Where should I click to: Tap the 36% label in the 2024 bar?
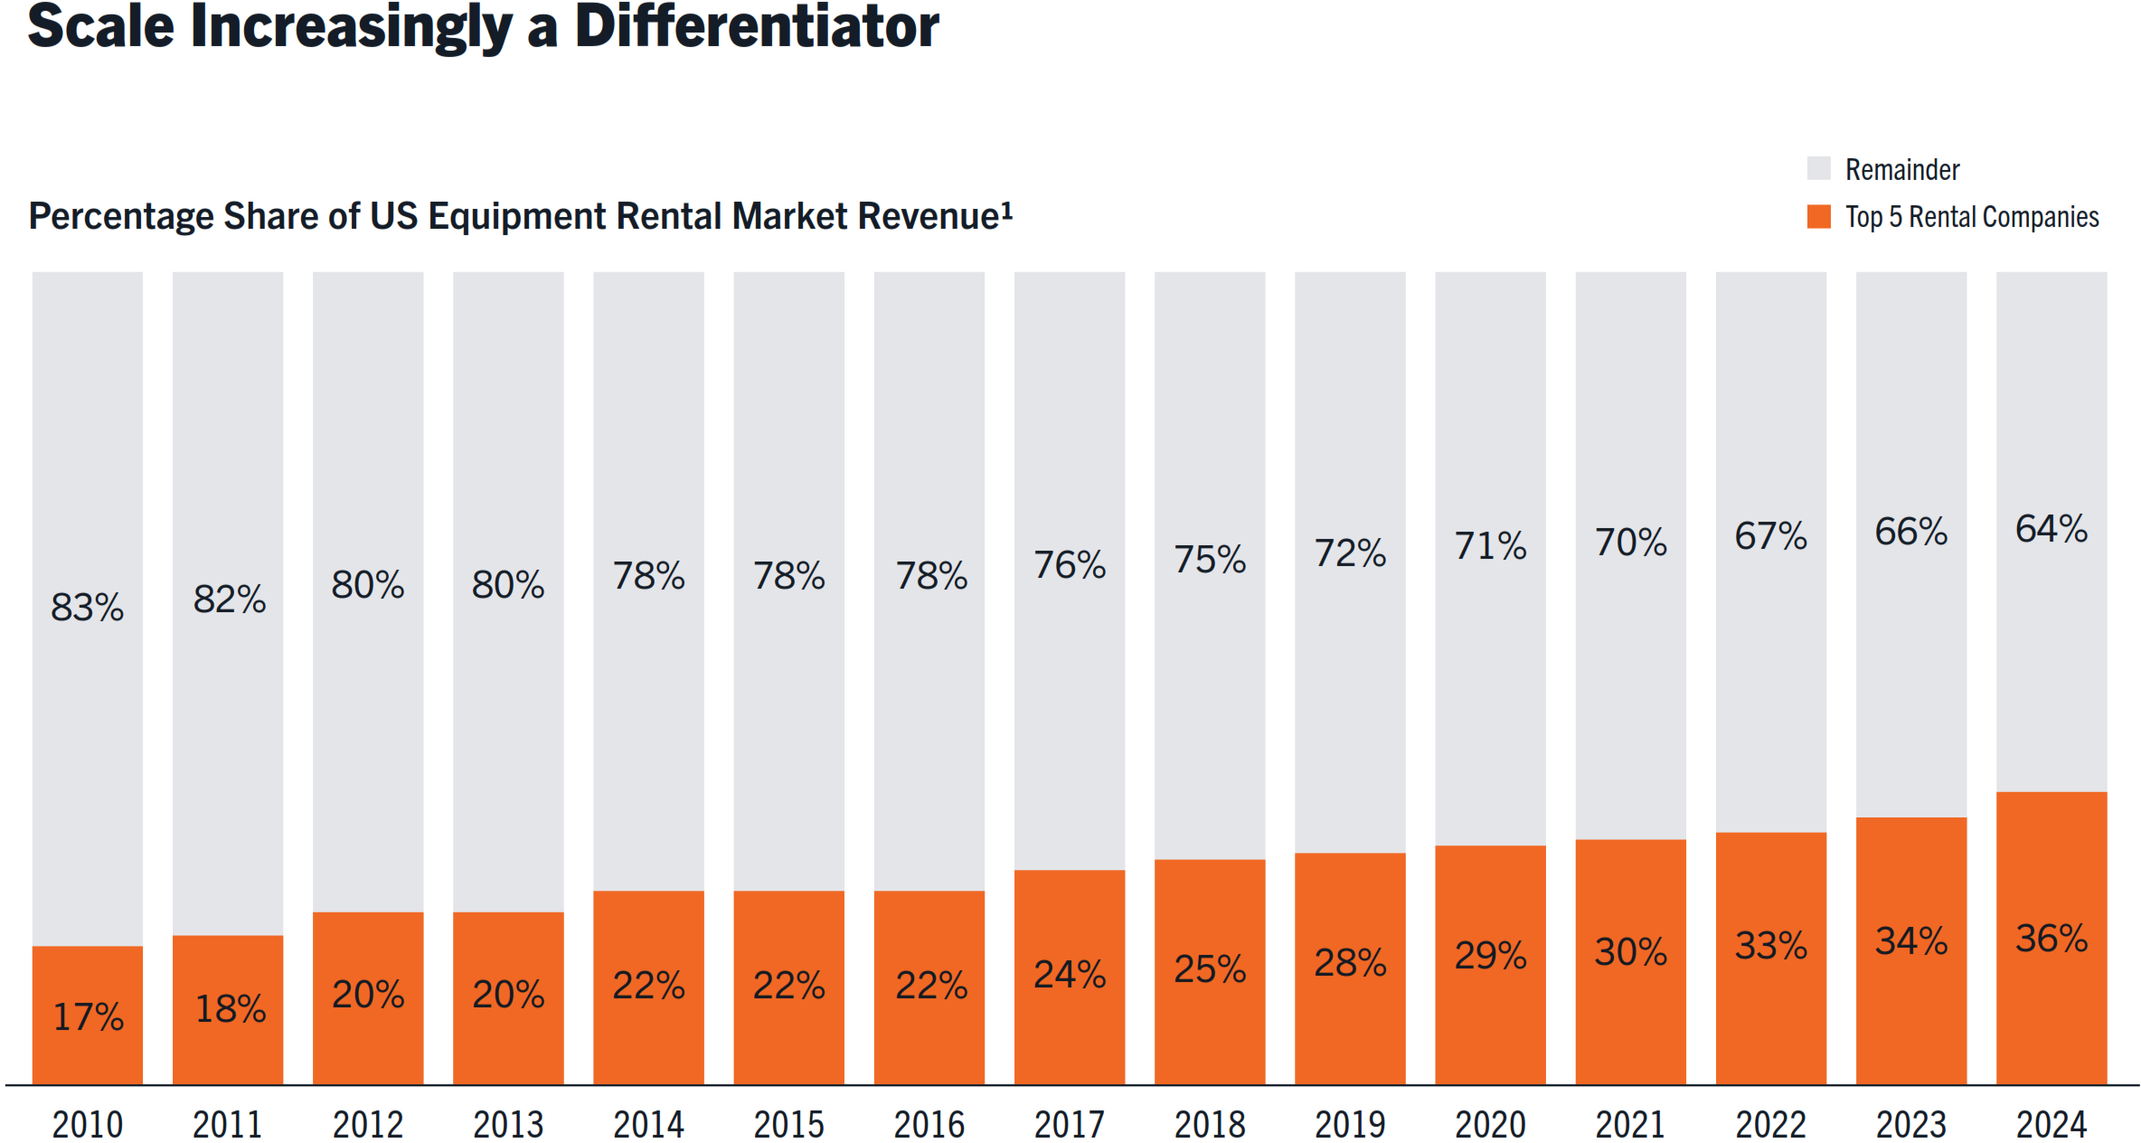click(2051, 939)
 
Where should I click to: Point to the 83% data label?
click(87, 607)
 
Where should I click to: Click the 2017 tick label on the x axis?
click(1069, 1125)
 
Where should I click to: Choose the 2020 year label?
click(1490, 1125)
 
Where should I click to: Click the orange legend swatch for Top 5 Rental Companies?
click(1818, 217)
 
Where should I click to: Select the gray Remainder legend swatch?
click(1818, 168)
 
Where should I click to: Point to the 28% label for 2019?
click(1350, 963)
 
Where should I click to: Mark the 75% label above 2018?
click(1210, 560)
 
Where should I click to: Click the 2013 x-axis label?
click(508, 1125)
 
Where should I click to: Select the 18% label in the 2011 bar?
click(230, 1009)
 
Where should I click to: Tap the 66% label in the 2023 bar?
click(1910, 532)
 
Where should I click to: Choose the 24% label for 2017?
click(1070, 975)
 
